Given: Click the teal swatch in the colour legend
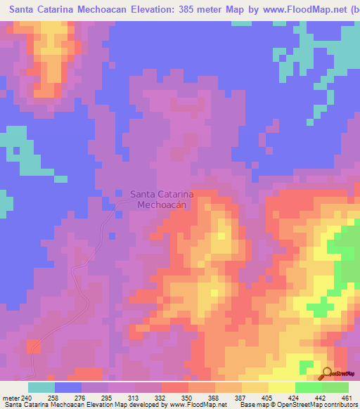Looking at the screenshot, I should [41, 387].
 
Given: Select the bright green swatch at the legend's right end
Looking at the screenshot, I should [335, 387].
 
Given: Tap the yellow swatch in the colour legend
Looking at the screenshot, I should [282, 387].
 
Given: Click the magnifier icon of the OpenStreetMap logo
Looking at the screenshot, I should [328, 373].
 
